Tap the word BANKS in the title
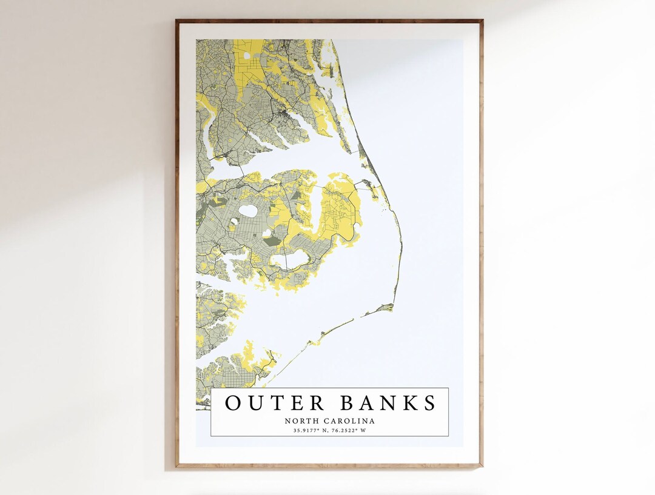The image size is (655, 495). pos(388,403)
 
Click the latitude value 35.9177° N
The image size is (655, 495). pos(309,431)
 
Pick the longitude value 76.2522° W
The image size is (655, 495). pos(351,431)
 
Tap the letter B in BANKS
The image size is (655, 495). pos(348,403)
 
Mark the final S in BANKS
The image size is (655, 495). pos(430,403)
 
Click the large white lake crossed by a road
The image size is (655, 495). pos(289,261)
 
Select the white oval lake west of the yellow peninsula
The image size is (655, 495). pos(248,211)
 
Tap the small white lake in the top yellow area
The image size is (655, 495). pos(247,56)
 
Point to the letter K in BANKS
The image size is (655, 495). pos(410,403)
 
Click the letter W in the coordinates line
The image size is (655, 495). pos(364,431)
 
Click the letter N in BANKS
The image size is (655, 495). pos(389,403)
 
